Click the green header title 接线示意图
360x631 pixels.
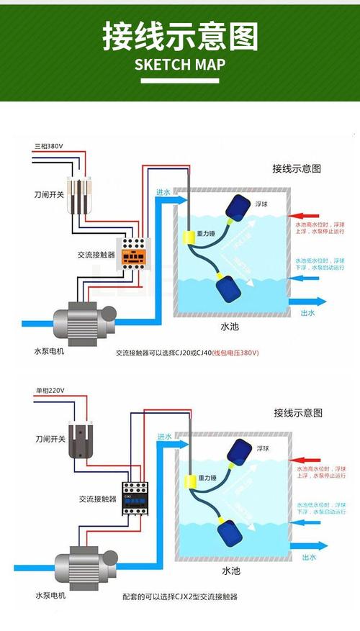point(180,37)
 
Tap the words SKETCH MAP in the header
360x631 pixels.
point(180,65)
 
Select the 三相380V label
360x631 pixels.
point(49,146)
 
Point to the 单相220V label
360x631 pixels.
point(50,391)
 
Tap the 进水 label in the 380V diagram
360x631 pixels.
point(163,193)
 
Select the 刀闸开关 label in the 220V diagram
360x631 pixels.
point(50,438)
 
